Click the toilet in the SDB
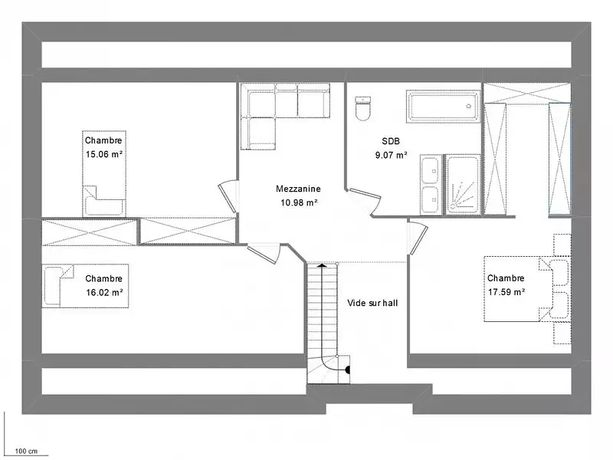tap(362, 108)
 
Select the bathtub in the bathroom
tap(443, 107)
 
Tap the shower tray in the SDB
tap(463, 185)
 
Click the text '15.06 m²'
tap(104, 154)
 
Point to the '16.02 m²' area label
tap(104, 292)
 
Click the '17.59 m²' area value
tap(506, 292)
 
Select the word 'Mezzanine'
tap(298, 189)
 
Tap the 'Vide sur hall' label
tap(372, 303)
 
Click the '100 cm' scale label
tap(26, 451)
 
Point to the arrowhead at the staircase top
tap(322, 266)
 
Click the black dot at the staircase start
tap(348, 370)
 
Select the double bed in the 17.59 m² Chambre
tap(527, 289)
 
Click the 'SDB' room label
tap(391, 141)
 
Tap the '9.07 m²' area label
tap(391, 156)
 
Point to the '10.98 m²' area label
tap(299, 202)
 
